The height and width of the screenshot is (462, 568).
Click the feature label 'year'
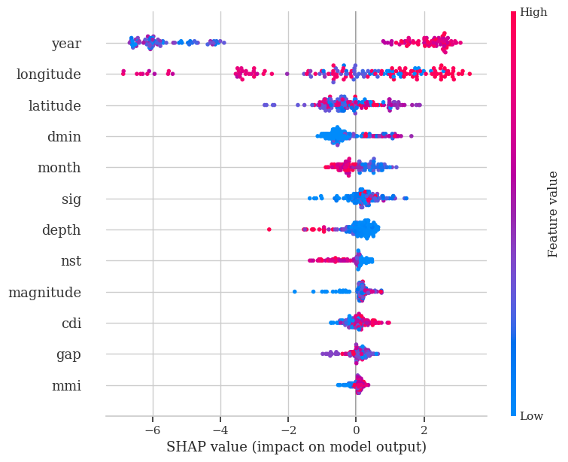pyautogui.click(x=66, y=44)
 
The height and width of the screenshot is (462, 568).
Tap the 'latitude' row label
pyautogui.click(x=55, y=106)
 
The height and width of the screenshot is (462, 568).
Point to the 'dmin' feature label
pyautogui.click(x=64, y=137)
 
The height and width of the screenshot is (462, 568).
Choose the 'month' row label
pyautogui.click(x=59, y=168)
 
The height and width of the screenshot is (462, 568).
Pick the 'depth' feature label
pyautogui.click(x=62, y=230)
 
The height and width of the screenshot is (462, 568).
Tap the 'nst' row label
pyautogui.click(x=71, y=261)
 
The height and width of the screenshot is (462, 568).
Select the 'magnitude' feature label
pyautogui.click(x=44, y=292)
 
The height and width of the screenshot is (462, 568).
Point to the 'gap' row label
pyautogui.click(x=68, y=354)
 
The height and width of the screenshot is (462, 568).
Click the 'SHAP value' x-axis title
pyautogui.click(x=296, y=447)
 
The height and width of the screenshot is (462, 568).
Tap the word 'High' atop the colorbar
pyautogui.click(x=533, y=12)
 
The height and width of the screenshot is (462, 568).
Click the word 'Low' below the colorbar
pyautogui.click(x=531, y=416)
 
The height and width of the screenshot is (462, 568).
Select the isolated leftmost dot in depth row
pyautogui.click(x=269, y=229)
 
